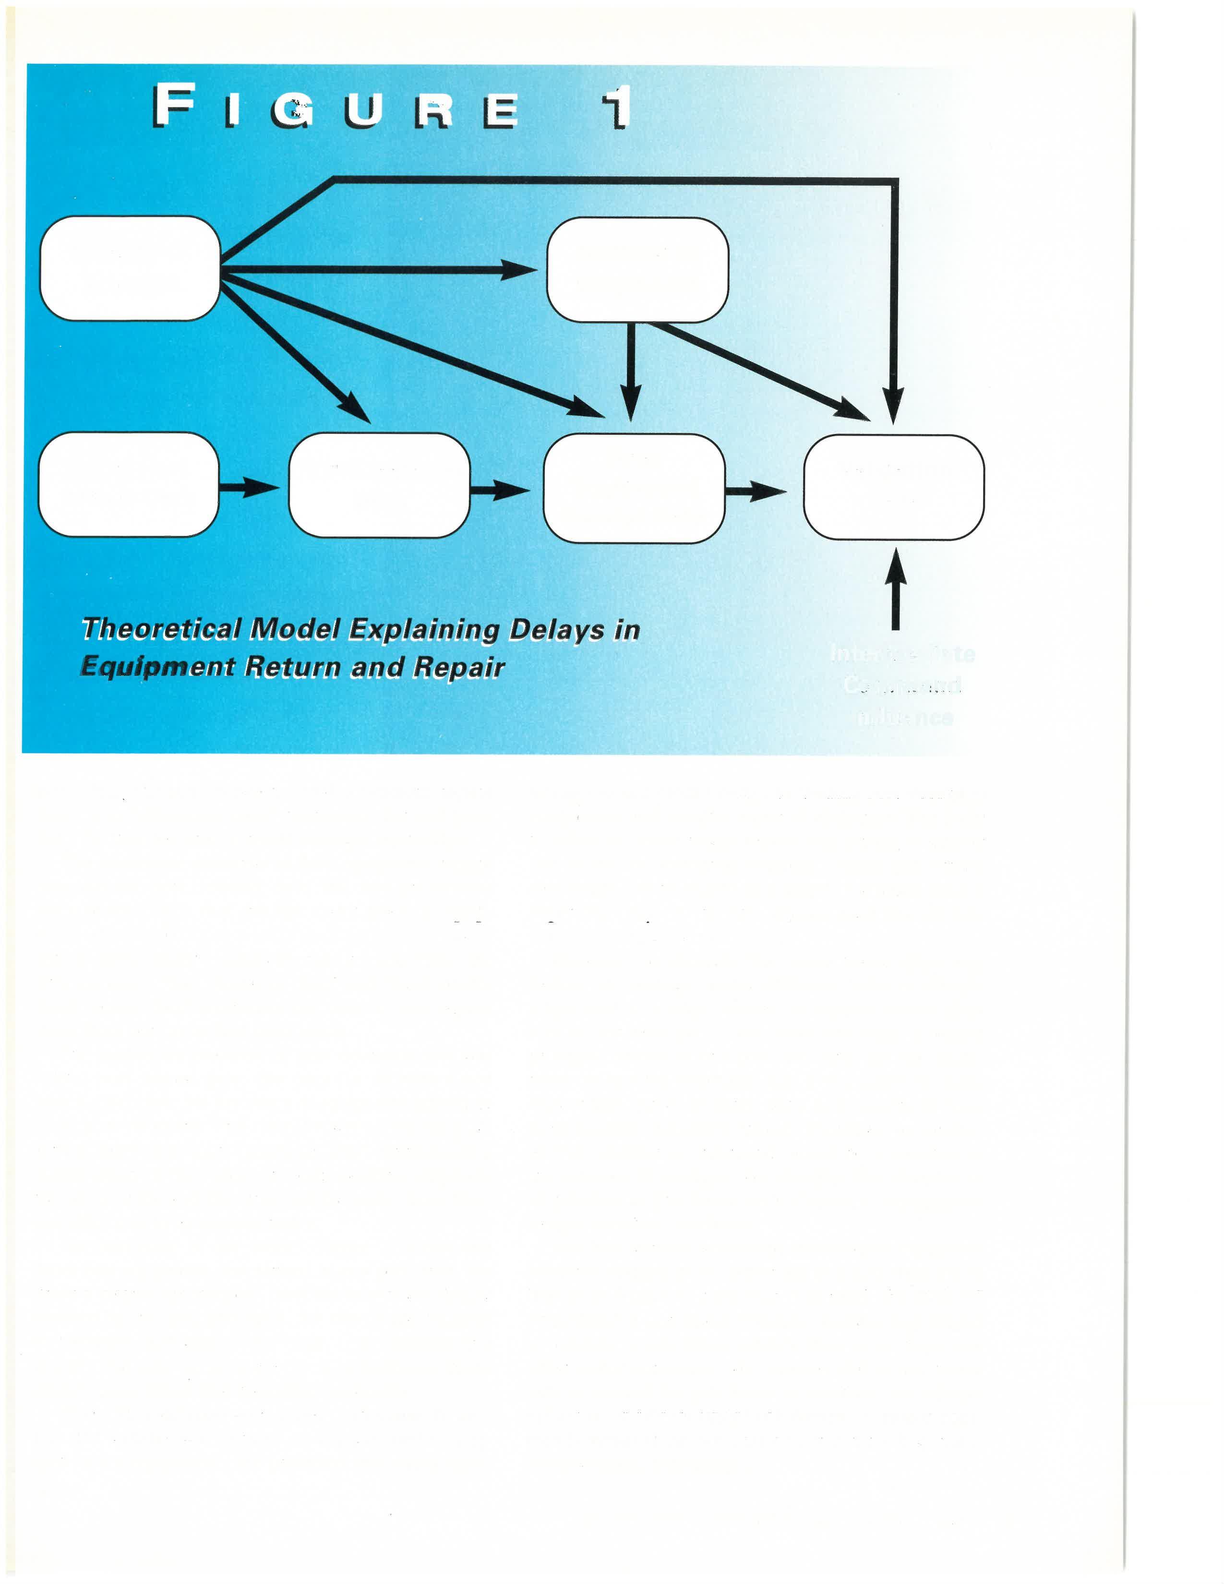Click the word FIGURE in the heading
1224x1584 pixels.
coord(335,106)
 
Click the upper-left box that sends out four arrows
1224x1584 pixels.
coord(130,268)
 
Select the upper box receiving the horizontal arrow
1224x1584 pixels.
coord(636,269)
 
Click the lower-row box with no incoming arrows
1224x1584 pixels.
coord(128,484)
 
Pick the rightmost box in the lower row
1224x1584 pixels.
coord(893,487)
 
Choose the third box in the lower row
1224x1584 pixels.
coord(634,487)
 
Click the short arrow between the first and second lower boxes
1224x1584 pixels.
coord(248,487)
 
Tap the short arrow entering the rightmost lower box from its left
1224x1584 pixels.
coord(756,491)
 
